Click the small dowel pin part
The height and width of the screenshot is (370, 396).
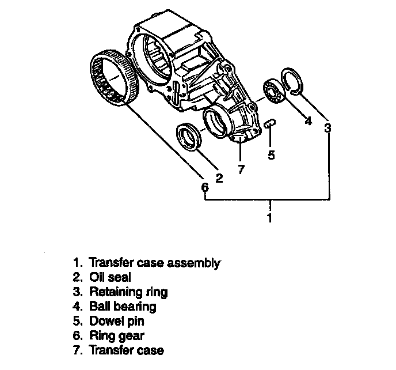(271, 124)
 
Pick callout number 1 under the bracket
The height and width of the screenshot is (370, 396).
(270, 218)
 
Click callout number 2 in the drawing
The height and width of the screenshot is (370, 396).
(219, 178)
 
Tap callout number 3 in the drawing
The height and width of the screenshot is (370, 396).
(327, 128)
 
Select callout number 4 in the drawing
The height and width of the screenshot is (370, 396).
(307, 121)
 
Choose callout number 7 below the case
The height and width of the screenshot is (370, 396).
(241, 169)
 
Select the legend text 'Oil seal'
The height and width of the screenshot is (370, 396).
(110, 278)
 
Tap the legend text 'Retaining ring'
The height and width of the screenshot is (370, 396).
(128, 292)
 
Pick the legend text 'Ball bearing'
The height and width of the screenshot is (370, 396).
(122, 307)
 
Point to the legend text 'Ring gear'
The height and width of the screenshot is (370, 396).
(116, 335)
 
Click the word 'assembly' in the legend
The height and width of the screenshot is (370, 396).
(193, 264)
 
